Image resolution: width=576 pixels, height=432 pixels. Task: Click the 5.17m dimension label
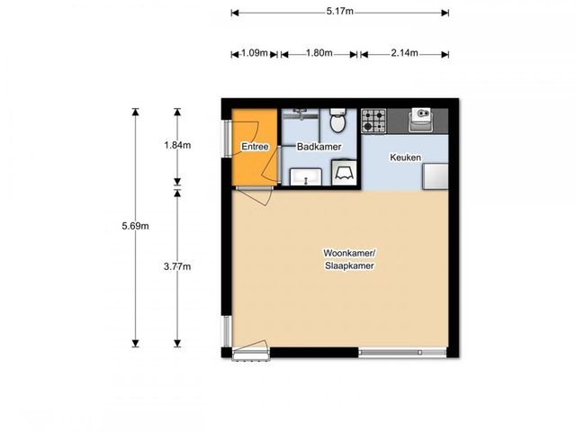(340, 12)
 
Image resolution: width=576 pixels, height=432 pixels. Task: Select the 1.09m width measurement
(254, 53)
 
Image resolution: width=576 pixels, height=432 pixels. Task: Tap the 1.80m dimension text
(319, 53)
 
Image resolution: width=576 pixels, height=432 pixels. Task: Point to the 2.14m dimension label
(404, 53)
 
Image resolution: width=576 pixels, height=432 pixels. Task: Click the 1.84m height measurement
(177, 145)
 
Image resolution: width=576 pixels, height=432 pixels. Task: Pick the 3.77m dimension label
(177, 266)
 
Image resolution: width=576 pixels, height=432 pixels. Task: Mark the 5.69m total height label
(136, 226)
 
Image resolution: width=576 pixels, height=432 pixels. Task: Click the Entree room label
(255, 147)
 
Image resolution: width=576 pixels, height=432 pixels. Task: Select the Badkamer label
(319, 147)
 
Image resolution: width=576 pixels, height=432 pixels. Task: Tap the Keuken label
(405, 157)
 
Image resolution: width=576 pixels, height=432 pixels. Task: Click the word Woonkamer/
(349, 253)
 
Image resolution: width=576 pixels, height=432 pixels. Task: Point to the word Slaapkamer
(349, 266)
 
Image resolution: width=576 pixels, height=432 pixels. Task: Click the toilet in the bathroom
(337, 121)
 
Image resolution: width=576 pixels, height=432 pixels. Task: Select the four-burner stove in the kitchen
(373, 121)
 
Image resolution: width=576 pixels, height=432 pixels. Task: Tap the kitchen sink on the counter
(420, 120)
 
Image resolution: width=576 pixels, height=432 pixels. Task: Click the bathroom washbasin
(306, 177)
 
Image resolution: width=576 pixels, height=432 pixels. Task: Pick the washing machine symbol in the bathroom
(344, 172)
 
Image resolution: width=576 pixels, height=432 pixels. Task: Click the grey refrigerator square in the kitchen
(436, 176)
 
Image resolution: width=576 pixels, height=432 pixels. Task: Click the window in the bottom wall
(402, 353)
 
